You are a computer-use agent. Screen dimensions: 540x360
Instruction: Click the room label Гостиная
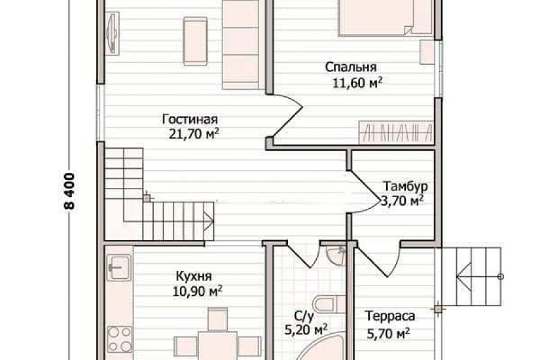click(x=190, y=119)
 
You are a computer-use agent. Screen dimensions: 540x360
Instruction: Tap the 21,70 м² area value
click(x=194, y=134)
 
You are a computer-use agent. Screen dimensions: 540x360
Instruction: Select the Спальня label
click(x=351, y=67)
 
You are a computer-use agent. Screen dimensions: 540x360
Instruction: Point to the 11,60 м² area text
click(x=357, y=82)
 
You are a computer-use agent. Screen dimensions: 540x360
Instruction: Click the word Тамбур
click(x=406, y=186)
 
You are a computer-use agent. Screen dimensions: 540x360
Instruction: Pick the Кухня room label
click(x=194, y=276)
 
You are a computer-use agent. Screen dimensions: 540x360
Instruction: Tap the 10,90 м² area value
click(x=197, y=291)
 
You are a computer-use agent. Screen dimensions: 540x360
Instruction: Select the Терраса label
click(x=390, y=316)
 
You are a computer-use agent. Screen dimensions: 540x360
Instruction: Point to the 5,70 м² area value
click(x=388, y=333)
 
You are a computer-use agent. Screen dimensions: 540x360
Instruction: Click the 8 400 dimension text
click(x=69, y=192)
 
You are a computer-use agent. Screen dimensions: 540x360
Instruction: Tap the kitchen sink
click(x=119, y=267)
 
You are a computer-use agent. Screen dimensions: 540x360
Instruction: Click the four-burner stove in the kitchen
click(x=120, y=339)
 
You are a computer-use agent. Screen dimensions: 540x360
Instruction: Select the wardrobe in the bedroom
click(x=396, y=132)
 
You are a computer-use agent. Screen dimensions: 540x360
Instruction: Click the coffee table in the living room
click(x=195, y=41)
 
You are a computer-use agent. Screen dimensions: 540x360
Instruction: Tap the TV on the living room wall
click(x=112, y=33)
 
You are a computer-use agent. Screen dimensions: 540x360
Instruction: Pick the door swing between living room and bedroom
click(x=288, y=118)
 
